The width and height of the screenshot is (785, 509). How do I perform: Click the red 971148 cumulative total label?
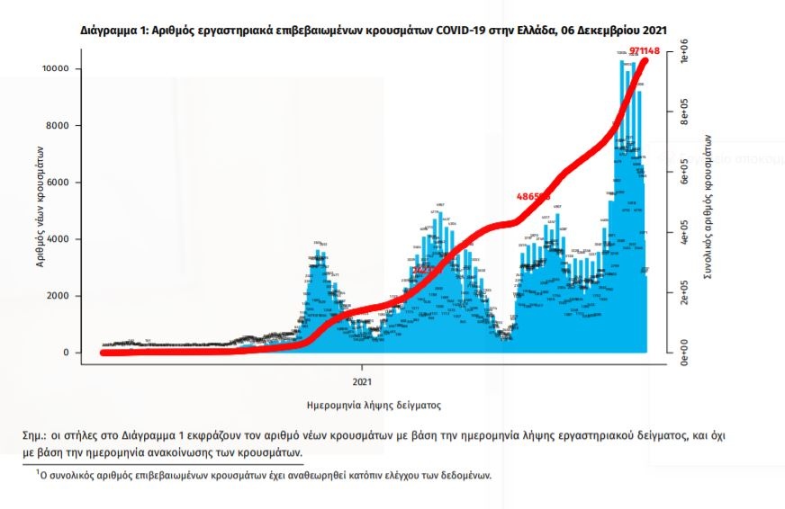(x=643, y=51)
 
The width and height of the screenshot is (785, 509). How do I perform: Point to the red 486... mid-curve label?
(x=532, y=196)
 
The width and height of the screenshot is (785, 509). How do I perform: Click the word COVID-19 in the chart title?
(x=465, y=31)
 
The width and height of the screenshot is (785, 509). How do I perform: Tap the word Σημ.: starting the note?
(x=37, y=435)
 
